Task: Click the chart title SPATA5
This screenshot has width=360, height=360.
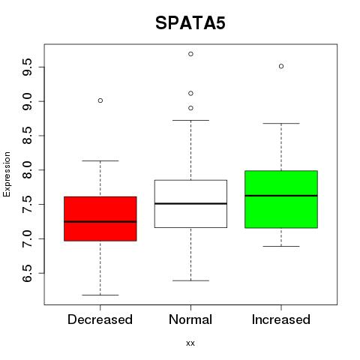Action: tap(190, 23)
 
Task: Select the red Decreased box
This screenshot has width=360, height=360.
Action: tap(100, 219)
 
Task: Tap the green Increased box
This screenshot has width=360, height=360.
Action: tap(281, 199)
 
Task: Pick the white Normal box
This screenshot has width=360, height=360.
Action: tap(190, 204)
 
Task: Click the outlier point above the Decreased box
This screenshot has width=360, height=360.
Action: tap(100, 100)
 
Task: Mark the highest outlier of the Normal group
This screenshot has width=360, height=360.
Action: tap(190, 54)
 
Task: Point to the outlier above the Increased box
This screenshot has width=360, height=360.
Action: tap(281, 66)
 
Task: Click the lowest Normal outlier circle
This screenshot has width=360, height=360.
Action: tap(190, 108)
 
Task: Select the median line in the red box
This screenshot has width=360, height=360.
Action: tap(100, 221)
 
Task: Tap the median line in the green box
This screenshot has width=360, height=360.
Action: tap(281, 196)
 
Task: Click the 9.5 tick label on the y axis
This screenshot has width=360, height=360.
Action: tap(27, 67)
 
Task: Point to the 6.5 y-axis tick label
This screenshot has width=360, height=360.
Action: tap(27, 273)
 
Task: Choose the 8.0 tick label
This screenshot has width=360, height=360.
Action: tap(27, 170)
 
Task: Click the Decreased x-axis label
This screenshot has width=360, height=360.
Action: tap(100, 319)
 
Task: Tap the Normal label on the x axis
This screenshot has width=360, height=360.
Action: tap(190, 319)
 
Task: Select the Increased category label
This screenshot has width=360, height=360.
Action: tap(281, 319)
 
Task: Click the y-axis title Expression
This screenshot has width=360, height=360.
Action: tap(7, 175)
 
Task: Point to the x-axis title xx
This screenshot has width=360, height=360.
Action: tap(190, 343)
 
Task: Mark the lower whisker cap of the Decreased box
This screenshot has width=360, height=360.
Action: tap(100, 295)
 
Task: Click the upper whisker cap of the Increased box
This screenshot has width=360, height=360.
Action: tap(281, 123)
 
